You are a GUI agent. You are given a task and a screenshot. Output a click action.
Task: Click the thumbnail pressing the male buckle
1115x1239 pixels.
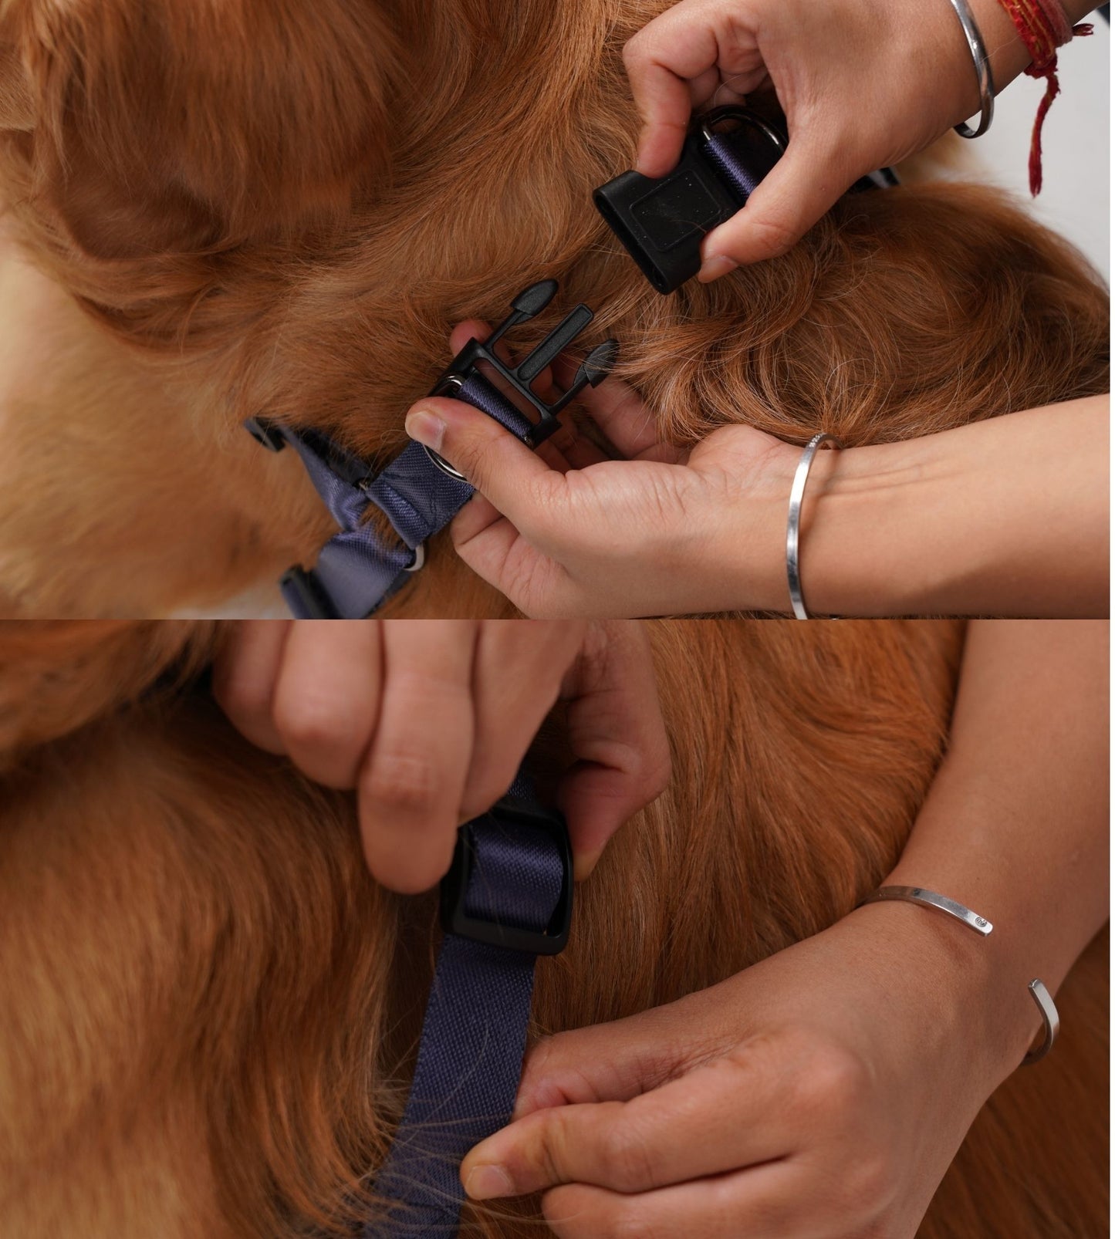click(x=421, y=425)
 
